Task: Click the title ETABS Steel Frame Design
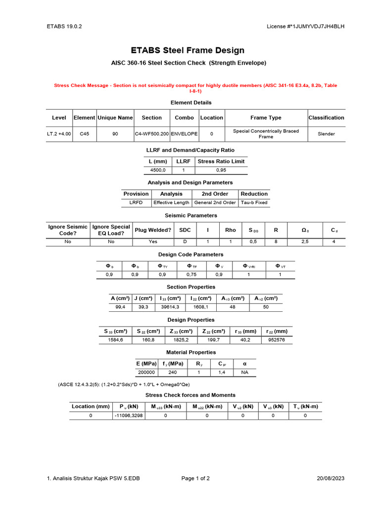click(188, 50)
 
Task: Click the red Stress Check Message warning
click(195, 88)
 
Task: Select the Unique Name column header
click(115, 118)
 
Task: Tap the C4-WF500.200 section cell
click(152, 134)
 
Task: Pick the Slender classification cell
click(326, 134)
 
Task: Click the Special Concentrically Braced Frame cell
click(266, 134)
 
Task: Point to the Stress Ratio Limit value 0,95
click(221, 170)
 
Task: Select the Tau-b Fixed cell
click(254, 203)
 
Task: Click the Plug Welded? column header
click(153, 230)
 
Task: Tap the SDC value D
click(185, 242)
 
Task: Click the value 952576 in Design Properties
click(276, 340)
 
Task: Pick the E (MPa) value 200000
click(146, 373)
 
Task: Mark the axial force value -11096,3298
click(128, 416)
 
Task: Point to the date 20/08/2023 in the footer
click(331, 478)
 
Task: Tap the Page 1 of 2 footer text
click(195, 478)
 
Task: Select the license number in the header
click(305, 26)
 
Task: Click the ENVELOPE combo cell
click(184, 134)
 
